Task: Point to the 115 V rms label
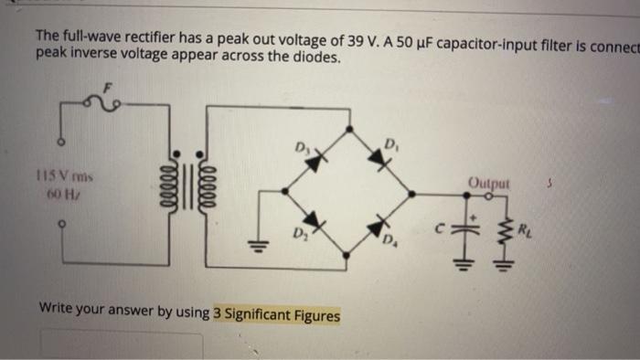point(66,175)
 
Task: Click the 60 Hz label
point(66,194)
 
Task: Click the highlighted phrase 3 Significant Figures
point(276,315)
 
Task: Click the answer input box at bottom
point(119,345)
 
